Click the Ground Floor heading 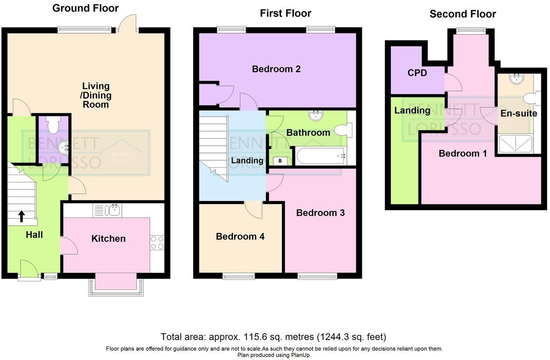tap(85, 8)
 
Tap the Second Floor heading tap(462, 14)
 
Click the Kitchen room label tap(109, 239)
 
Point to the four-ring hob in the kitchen tap(157, 242)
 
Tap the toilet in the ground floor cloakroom tap(53, 125)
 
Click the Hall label tap(34, 235)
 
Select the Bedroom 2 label tap(276, 69)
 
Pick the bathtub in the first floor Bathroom tap(320, 156)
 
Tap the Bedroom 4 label tap(240, 236)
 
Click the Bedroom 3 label tap(320, 213)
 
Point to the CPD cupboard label tap(417, 73)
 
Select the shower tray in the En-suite tap(515, 143)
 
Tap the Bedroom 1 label tap(463, 153)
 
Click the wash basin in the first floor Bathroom tap(317, 115)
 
